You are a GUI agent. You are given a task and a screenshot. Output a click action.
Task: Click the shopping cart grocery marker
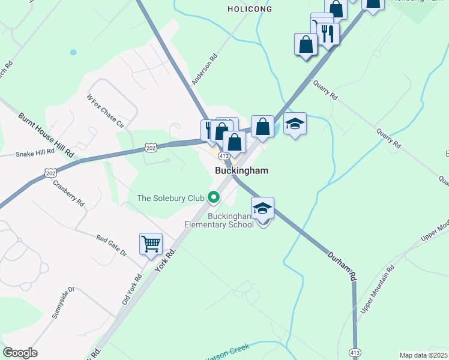(x=151, y=244)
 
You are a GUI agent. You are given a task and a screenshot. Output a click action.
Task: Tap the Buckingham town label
(x=241, y=171)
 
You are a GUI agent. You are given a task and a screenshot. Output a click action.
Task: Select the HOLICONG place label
(x=250, y=9)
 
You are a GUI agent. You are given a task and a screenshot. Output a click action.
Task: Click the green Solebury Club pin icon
(x=212, y=197)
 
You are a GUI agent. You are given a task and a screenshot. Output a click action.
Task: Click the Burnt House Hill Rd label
(x=46, y=135)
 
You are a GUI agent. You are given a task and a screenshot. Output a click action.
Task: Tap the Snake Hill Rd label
(x=35, y=153)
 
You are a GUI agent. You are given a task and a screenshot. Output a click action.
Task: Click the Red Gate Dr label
(x=112, y=246)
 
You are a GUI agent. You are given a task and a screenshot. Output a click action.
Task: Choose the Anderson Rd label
(x=203, y=70)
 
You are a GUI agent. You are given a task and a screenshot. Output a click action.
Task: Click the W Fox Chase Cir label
(x=105, y=112)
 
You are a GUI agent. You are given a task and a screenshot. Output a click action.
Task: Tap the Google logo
(x=20, y=353)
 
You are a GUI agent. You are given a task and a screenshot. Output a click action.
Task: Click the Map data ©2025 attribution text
(x=424, y=355)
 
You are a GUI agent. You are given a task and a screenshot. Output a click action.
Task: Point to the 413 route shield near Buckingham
(x=224, y=155)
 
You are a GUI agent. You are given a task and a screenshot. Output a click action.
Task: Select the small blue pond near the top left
(x=73, y=52)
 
